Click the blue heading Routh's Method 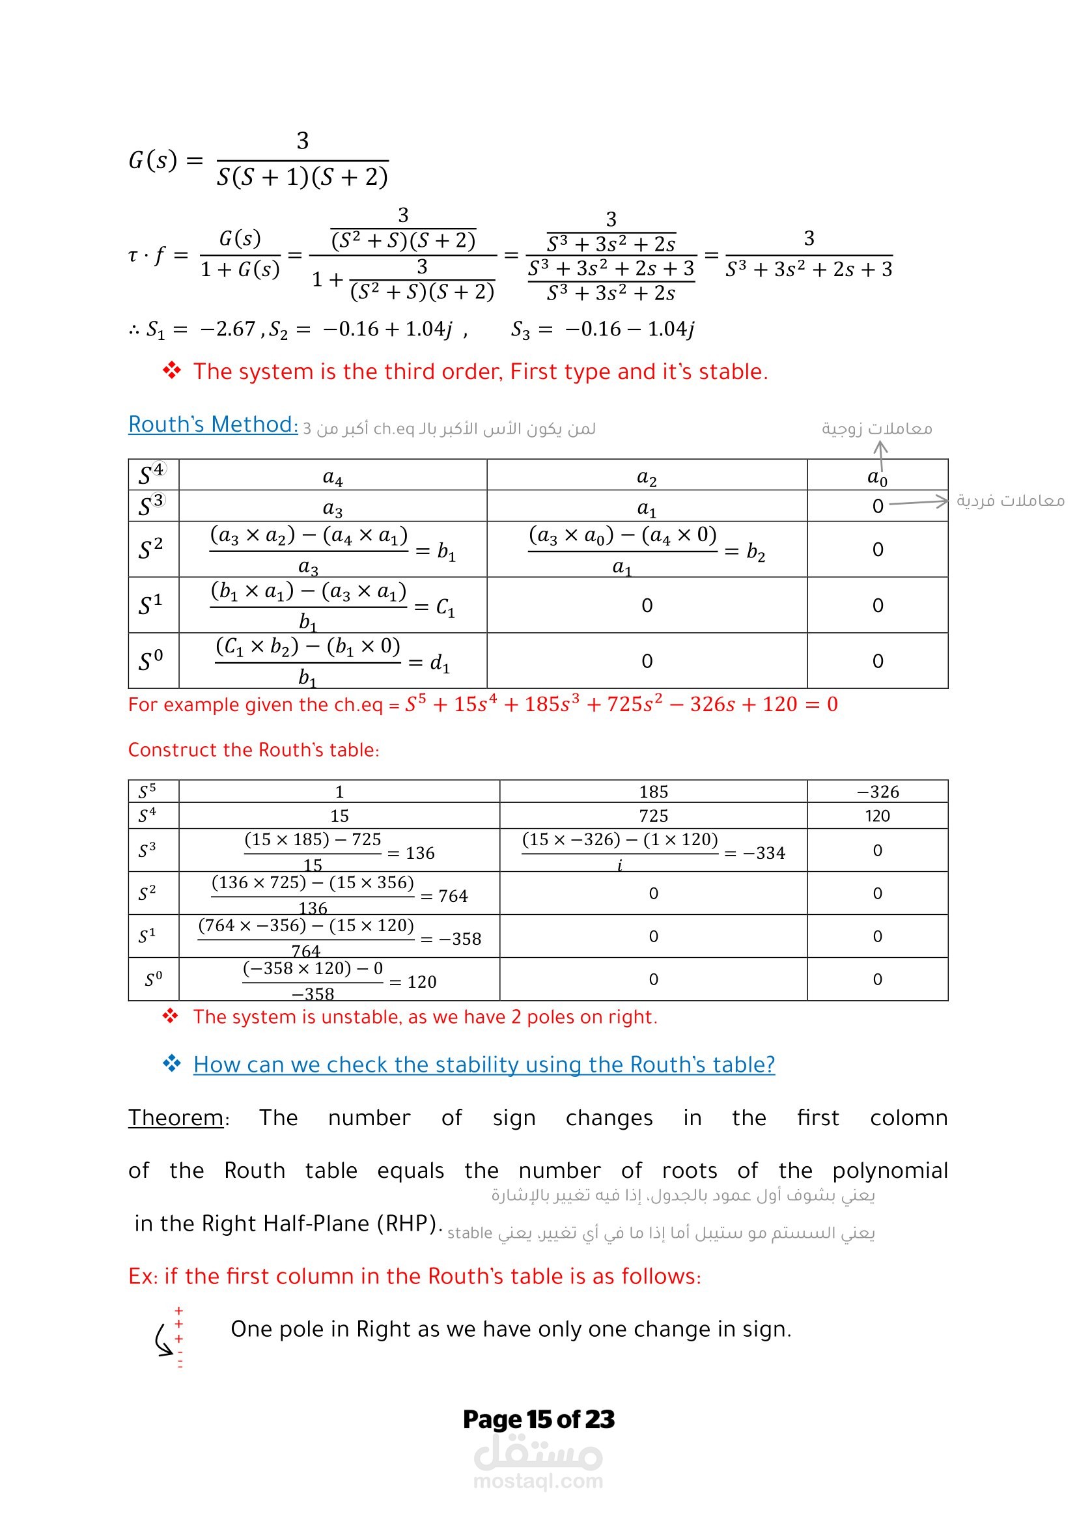213,425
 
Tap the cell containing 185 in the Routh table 653,791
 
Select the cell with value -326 877,791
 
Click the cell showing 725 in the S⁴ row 653,816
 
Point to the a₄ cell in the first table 332,476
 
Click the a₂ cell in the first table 647,476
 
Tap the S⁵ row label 147,791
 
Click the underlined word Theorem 176,1118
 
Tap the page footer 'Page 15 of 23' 538,1419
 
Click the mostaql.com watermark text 538,1481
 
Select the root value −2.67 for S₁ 227,329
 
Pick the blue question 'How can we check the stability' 484,1065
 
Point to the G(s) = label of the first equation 165,160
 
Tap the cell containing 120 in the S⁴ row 877,816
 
